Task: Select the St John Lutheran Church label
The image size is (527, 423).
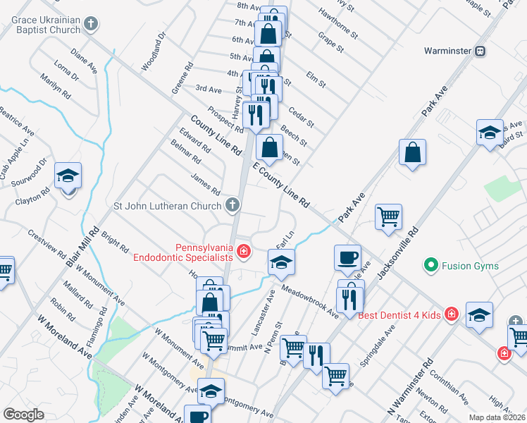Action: click(168, 206)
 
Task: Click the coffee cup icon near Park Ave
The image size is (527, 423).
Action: click(347, 258)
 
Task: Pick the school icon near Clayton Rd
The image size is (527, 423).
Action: click(68, 176)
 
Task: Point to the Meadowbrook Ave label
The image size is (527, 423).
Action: click(309, 300)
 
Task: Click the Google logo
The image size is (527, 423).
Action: click(23, 415)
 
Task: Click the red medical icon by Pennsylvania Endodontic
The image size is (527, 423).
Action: click(243, 251)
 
